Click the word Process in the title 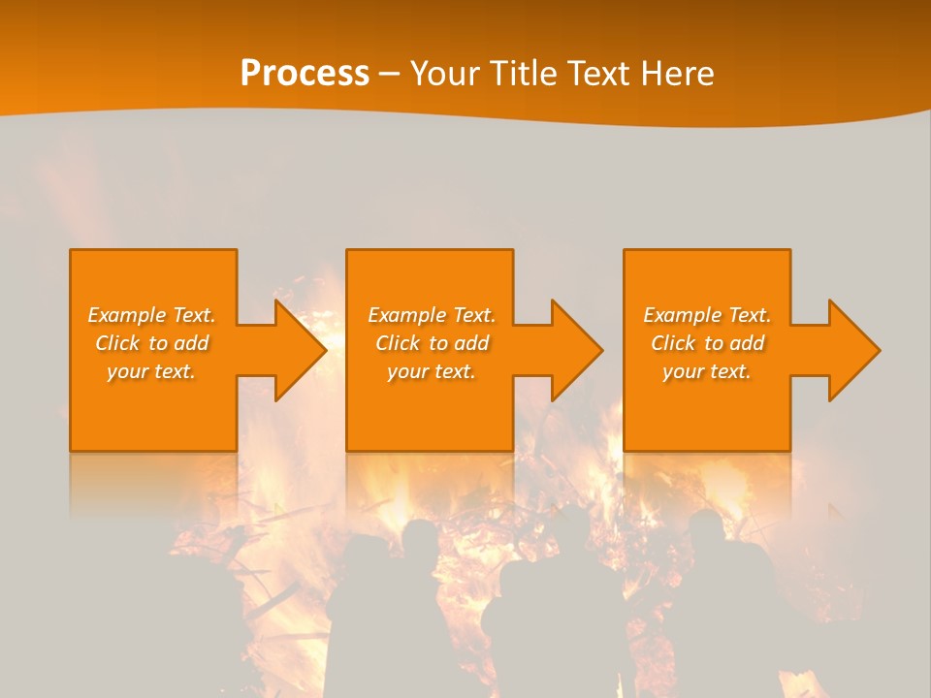click(305, 74)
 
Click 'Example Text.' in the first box click(152, 315)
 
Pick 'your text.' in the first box click(152, 371)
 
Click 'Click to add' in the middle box click(432, 343)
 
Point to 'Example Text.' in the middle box click(432, 315)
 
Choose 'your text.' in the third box click(707, 371)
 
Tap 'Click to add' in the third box click(707, 343)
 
